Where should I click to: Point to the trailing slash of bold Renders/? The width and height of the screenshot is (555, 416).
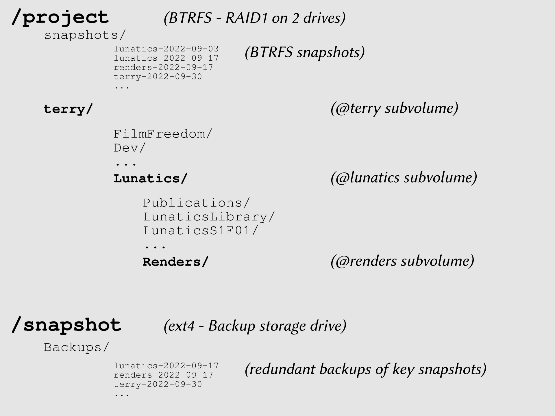pos(205,262)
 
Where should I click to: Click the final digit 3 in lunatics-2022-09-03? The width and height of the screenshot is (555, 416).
pos(216,49)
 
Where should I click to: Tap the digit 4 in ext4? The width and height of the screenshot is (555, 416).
pos(190,326)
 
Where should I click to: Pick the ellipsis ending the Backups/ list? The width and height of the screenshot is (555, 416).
pos(122,395)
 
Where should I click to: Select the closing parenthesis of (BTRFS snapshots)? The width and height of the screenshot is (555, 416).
pos(362,53)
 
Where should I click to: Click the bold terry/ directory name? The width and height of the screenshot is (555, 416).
pos(68,109)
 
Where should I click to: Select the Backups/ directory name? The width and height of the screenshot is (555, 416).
pos(77,347)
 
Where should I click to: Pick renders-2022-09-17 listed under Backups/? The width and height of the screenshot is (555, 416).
pos(163,375)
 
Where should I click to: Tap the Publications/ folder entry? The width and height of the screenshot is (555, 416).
pos(196,203)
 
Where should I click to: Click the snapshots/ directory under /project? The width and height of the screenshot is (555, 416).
pos(85,35)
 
